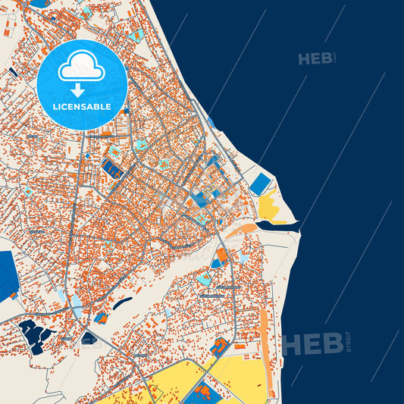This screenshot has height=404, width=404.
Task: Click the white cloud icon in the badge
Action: point(82,67)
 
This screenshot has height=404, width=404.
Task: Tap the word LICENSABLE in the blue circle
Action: point(82,107)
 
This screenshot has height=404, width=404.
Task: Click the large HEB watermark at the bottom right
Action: point(312,342)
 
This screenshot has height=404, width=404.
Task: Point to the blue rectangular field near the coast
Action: point(260,183)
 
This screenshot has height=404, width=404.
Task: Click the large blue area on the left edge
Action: point(8,274)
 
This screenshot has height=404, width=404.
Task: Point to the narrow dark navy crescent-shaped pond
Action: point(121,302)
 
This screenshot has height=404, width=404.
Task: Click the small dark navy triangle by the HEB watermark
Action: point(89,337)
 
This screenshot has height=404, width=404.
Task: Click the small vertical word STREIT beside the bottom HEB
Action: point(348,341)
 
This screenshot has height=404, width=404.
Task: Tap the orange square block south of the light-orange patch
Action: point(222,254)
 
